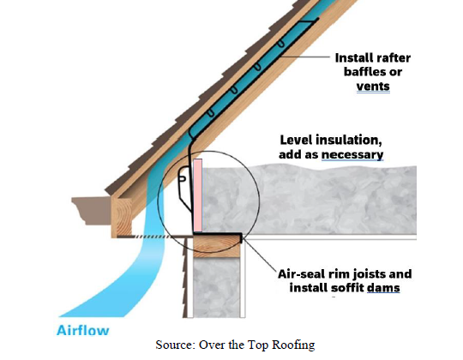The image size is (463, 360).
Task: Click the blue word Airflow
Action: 82,330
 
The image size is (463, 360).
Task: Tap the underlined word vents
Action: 373,87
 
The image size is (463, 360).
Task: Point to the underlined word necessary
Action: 352,154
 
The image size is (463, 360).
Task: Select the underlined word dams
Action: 383,287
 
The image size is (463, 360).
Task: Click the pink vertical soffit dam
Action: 198,195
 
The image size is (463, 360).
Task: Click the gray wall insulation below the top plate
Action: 216,289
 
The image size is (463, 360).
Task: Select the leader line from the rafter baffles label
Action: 304,57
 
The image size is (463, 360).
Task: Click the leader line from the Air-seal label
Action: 259,254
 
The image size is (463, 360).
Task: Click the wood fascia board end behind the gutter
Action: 122,218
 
